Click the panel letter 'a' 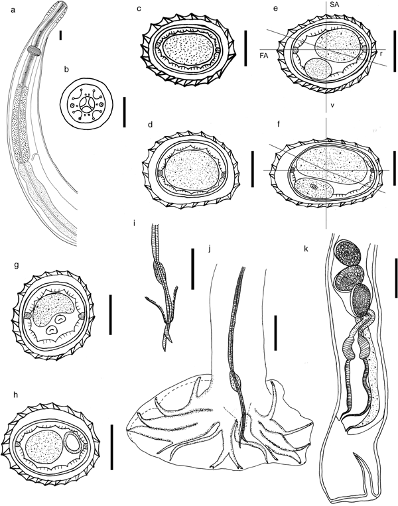click(13, 11)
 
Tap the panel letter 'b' click(66, 70)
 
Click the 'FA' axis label click(264, 55)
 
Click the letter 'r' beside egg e click(381, 53)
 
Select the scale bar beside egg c click(245, 48)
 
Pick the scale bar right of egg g click(111, 314)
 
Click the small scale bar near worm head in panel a click(60, 36)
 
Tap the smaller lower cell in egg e click(318, 69)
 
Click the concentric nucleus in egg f click(313, 186)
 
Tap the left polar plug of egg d click(160, 173)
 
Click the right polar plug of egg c click(217, 50)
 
